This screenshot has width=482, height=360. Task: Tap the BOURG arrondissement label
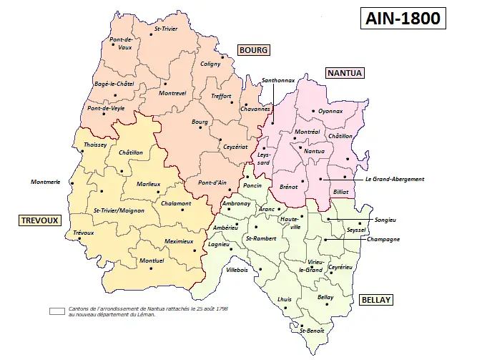(x=254, y=50)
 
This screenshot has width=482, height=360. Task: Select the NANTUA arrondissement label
(x=345, y=73)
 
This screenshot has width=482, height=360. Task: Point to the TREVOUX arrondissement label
(x=39, y=220)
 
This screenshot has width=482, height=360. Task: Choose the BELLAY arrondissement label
(x=375, y=300)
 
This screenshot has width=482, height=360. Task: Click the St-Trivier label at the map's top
(x=166, y=29)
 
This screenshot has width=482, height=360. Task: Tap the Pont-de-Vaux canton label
(x=120, y=43)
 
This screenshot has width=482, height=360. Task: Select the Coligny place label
(x=210, y=64)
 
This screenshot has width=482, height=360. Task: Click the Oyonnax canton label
(x=330, y=111)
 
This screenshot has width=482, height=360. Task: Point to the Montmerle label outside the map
(x=45, y=182)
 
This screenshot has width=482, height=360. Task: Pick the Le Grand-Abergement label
(x=394, y=179)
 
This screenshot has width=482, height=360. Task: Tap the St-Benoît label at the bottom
(x=312, y=331)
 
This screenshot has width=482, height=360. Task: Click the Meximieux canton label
(x=179, y=241)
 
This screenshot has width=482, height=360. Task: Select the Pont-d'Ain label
(x=212, y=182)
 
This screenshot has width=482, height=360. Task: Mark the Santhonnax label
(x=278, y=81)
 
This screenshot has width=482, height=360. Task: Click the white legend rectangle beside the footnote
(x=57, y=311)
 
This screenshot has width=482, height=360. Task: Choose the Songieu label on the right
(x=385, y=219)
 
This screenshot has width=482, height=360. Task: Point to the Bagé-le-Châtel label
(x=114, y=84)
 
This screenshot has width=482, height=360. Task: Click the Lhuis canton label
(x=284, y=299)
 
